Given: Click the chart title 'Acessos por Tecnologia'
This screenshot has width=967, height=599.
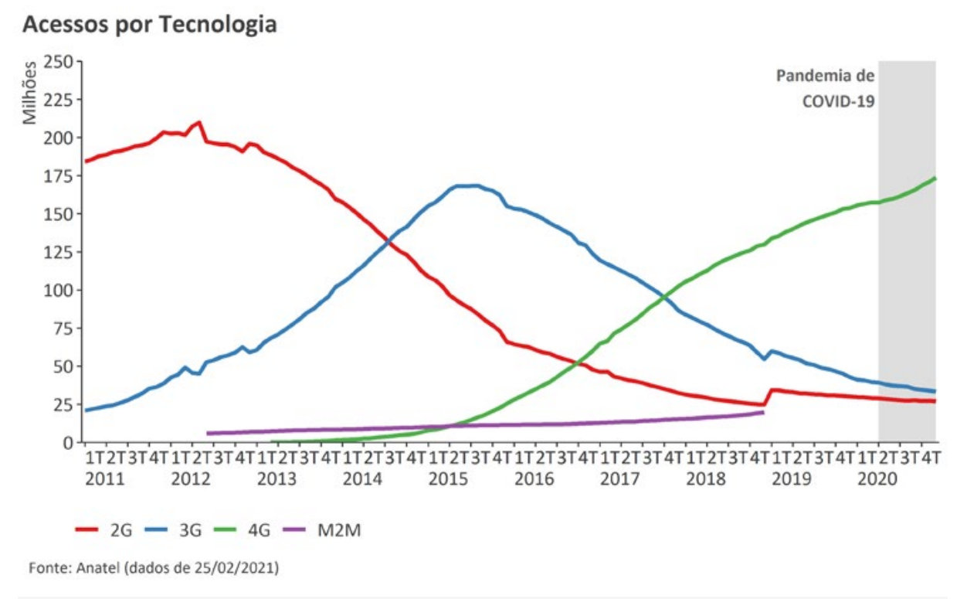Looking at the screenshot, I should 150,25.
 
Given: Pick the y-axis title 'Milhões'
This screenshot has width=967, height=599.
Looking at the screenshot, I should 29,94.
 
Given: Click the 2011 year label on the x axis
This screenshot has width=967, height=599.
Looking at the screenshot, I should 104,479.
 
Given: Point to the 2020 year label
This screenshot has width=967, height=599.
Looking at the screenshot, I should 877,479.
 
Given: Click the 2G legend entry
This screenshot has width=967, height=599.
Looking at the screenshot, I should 104,530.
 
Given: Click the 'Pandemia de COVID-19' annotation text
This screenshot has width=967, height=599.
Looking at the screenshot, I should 825,88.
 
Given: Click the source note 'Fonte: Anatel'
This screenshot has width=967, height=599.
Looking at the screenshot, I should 154,568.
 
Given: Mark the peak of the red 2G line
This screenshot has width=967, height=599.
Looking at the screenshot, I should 199,122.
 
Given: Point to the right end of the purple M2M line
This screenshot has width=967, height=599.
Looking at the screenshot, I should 763,413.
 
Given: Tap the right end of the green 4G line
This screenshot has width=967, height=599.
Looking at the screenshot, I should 935,179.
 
